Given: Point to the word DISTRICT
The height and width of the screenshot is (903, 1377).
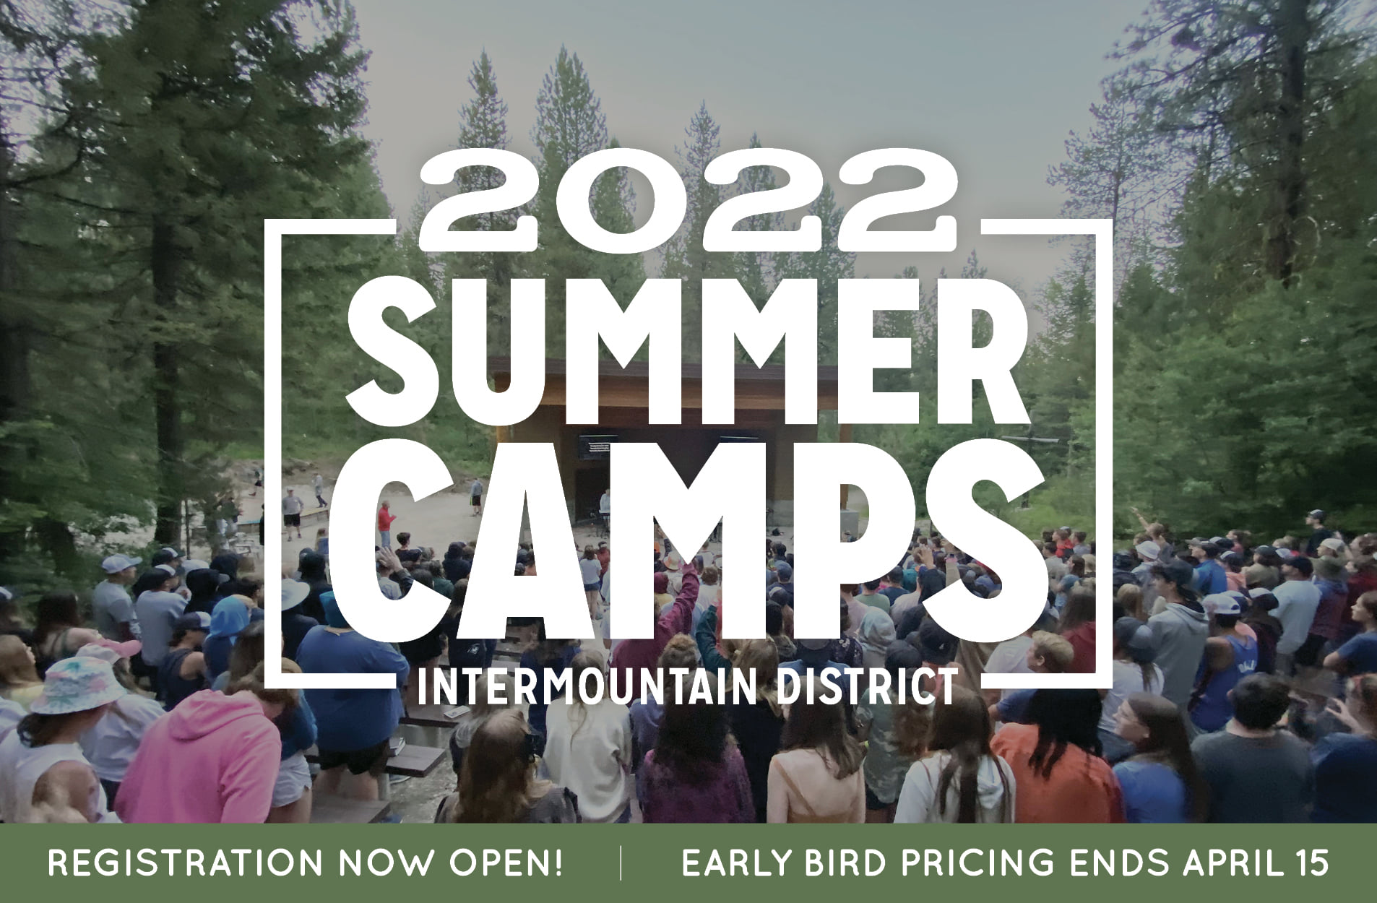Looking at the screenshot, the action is (866, 687).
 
